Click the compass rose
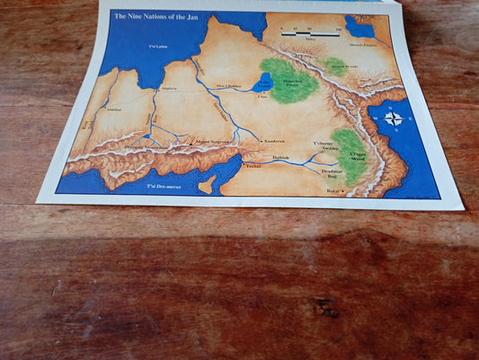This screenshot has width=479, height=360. click(394, 118)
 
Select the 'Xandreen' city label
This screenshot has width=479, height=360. click(273, 142)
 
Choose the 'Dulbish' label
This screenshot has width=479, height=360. click(280, 157)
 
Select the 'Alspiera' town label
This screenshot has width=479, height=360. click(168, 90)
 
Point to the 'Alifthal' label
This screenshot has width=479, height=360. click(113, 110)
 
